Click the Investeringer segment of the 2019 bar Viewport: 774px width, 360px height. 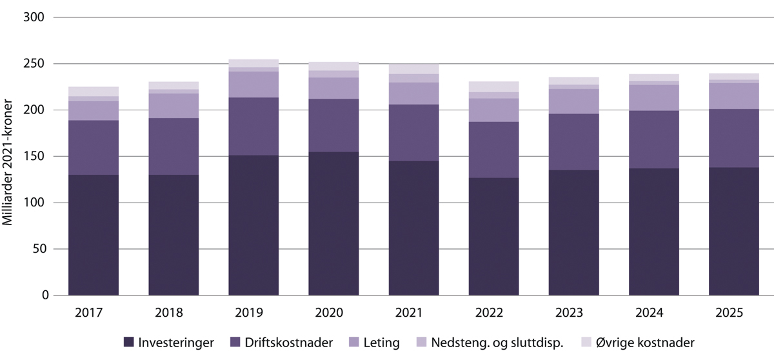(253, 225)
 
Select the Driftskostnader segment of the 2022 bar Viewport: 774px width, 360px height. (493, 150)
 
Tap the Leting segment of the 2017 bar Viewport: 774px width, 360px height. (94, 111)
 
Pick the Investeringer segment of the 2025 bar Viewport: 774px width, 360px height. (734, 231)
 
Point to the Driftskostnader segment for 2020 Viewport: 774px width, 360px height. (333, 125)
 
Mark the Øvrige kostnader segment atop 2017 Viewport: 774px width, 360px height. (94, 92)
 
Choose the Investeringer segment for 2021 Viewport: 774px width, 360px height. (413, 228)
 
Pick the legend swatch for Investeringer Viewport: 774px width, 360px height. (128, 343)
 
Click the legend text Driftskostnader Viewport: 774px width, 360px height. (280, 343)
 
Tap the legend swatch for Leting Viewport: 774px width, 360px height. (353, 343)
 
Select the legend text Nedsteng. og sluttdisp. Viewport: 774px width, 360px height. (497, 343)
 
